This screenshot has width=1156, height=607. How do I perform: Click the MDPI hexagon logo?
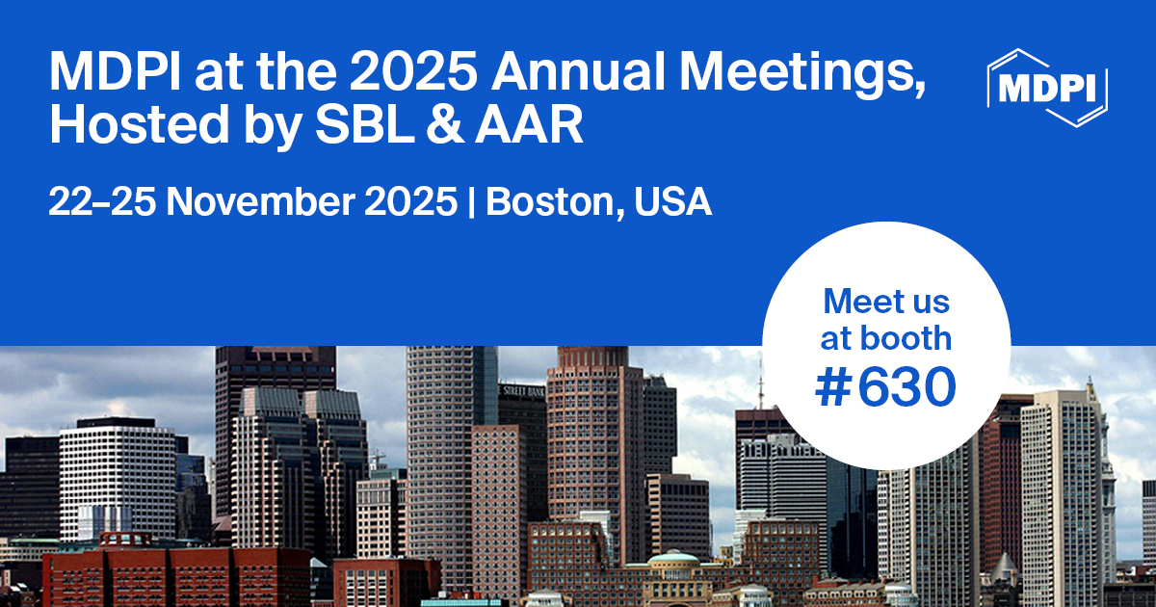[1047, 87]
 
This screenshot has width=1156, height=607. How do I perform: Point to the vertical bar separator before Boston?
[471, 202]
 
